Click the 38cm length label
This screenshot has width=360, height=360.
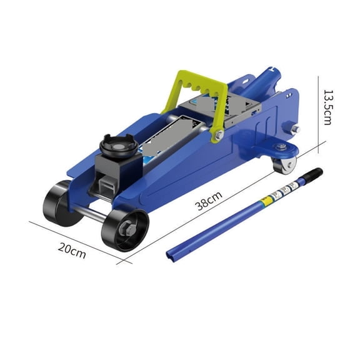[x=209, y=202]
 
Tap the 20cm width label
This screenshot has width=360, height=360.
[x=72, y=249]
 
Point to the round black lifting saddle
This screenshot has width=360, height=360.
[x=119, y=146]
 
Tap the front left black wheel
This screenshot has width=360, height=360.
[x=59, y=203]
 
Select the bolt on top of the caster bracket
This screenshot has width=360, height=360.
[x=282, y=146]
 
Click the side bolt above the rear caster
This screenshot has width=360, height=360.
[x=296, y=129]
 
